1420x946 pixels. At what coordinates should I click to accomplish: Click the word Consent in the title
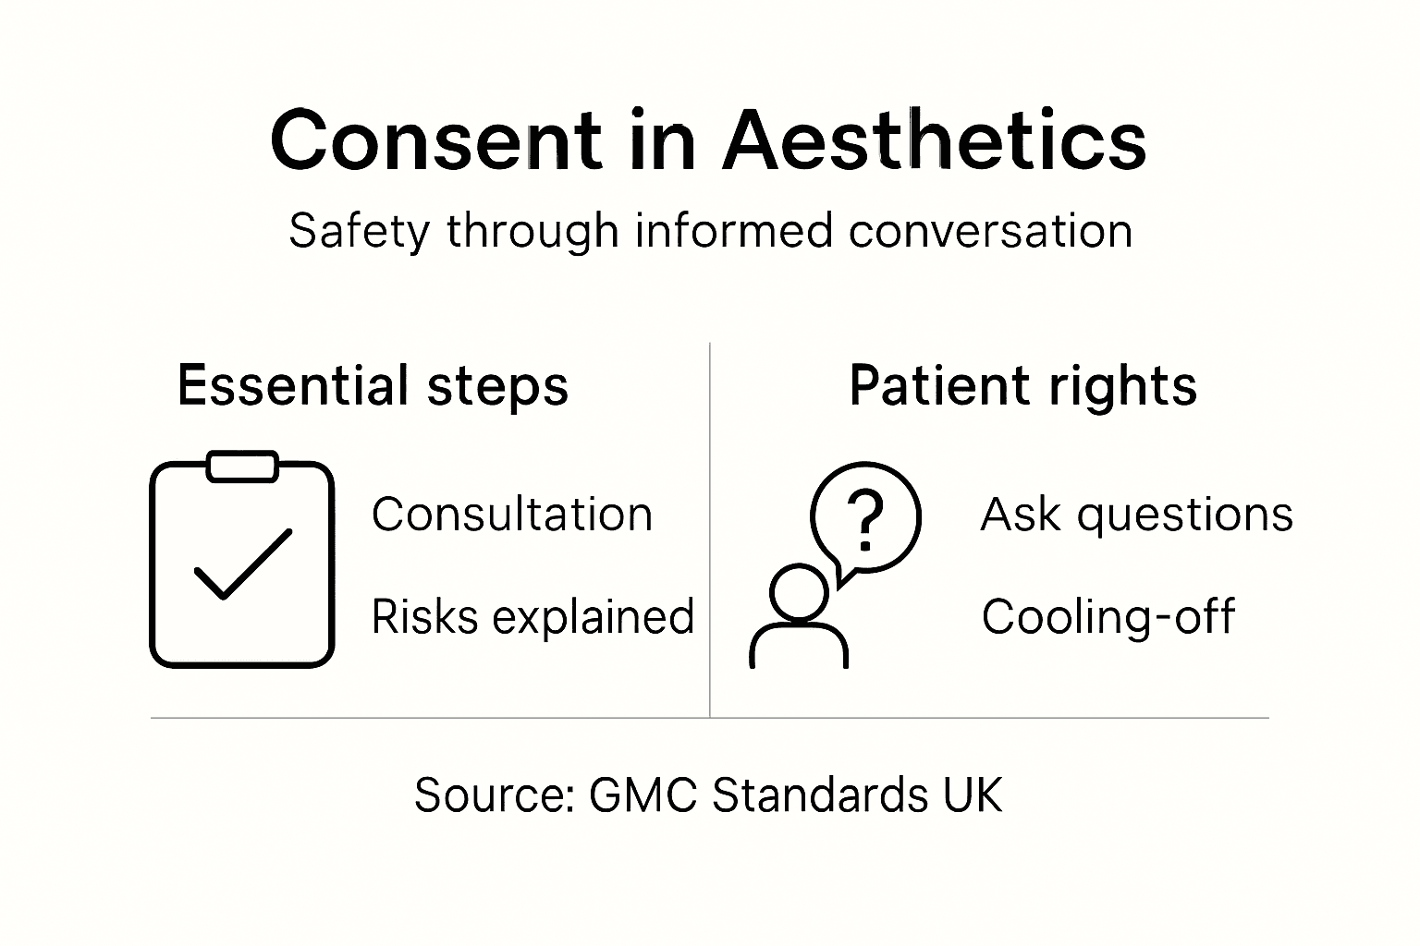tap(435, 140)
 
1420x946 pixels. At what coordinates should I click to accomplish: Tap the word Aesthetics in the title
tap(934, 140)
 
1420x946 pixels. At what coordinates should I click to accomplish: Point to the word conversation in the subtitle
tap(990, 231)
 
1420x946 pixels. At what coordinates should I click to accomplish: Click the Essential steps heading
tap(373, 386)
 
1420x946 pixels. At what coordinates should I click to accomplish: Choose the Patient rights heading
tap(1022, 386)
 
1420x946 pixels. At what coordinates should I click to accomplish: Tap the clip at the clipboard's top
tap(242, 467)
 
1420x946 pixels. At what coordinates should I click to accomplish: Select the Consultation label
tap(511, 515)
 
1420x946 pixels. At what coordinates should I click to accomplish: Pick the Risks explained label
tap(532, 617)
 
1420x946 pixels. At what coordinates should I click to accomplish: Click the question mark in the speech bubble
tap(866, 519)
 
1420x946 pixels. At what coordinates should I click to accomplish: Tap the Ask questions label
tap(1136, 515)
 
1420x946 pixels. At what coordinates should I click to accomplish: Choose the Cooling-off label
tap(1108, 617)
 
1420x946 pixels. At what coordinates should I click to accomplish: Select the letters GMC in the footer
tap(643, 795)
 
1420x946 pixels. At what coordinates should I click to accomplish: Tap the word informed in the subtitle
tap(733, 231)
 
